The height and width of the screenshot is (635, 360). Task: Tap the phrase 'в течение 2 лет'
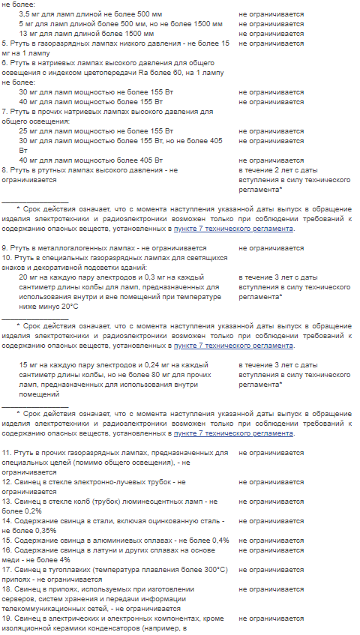(265, 170)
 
